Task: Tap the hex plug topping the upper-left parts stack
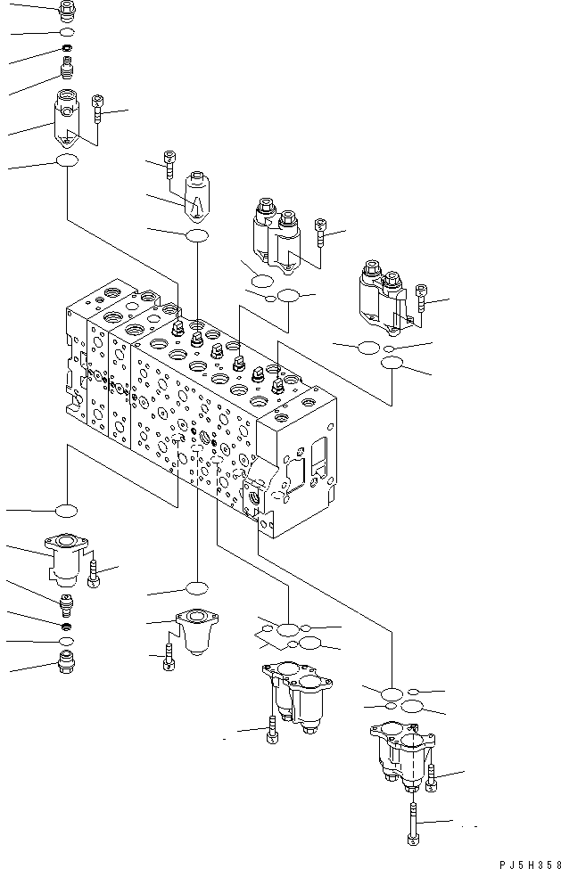pyautogui.click(x=66, y=11)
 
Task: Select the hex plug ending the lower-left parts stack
pyautogui.click(x=67, y=661)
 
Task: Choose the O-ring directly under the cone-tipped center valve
pyautogui.click(x=196, y=234)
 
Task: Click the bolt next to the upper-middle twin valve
pyautogui.click(x=321, y=234)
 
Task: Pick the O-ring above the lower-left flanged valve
pyautogui.click(x=66, y=511)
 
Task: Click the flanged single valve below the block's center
pyautogui.click(x=194, y=628)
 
